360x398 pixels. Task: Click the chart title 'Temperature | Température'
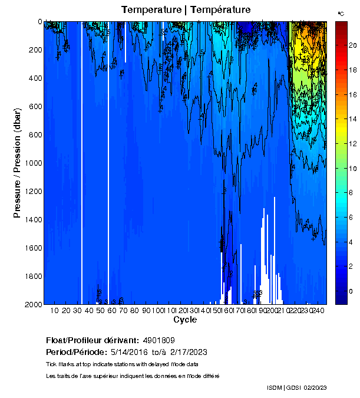click(186, 10)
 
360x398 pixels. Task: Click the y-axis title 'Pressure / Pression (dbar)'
click(17, 163)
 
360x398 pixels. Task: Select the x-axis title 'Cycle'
click(185, 320)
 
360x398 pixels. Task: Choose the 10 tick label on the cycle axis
click(55, 311)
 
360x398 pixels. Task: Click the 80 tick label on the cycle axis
click(134, 311)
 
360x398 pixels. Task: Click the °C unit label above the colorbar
click(341, 13)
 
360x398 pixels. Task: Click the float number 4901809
click(158, 341)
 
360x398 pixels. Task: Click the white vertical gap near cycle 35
click(81, 163)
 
